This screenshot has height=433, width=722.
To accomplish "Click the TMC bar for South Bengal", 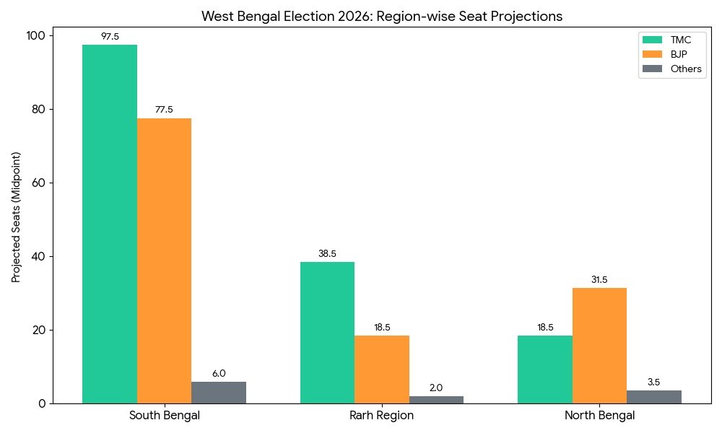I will (x=110, y=224).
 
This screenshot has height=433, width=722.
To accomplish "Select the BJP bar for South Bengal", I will (x=164, y=261).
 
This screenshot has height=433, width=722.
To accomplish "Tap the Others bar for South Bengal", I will (x=219, y=393).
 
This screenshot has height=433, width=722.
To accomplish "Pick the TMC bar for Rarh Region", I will (x=327, y=333).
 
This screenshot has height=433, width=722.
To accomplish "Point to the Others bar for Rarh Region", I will (x=436, y=400).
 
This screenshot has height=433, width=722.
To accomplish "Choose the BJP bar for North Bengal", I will (x=599, y=346).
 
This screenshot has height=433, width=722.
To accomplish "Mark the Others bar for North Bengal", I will (x=654, y=397).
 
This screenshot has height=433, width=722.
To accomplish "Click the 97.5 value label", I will (x=110, y=36).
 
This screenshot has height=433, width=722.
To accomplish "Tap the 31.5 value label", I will (x=599, y=280).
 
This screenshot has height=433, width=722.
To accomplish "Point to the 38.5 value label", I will (x=327, y=254).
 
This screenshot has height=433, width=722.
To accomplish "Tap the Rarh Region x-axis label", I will (x=382, y=416).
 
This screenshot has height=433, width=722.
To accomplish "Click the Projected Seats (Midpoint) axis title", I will (x=16, y=216).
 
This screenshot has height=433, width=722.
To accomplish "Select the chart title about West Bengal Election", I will (x=382, y=16).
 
